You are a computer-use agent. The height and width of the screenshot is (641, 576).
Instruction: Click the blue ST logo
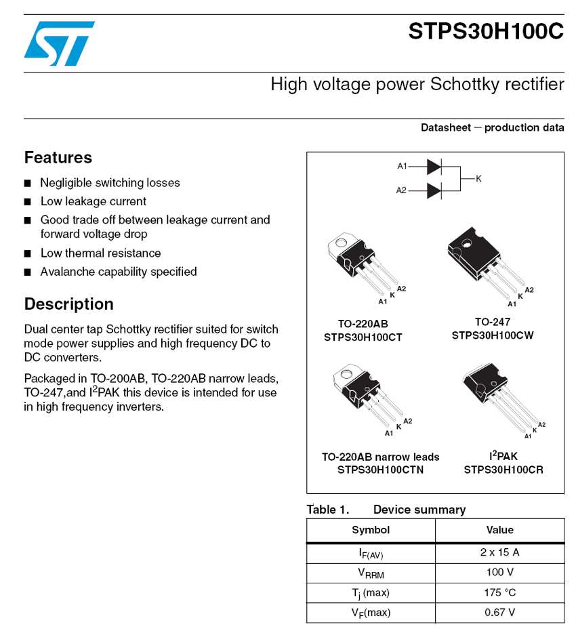(59, 43)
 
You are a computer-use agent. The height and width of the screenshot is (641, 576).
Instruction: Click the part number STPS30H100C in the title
(486, 31)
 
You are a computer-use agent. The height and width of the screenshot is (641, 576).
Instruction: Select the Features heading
(58, 157)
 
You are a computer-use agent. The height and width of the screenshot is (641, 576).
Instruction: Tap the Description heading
(68, 304)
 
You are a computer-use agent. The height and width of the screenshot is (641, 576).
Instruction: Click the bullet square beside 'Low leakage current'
(28, 201)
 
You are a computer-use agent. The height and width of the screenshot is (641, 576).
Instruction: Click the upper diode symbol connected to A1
(434, 167)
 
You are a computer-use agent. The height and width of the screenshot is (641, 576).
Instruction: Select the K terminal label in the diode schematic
(478, 179)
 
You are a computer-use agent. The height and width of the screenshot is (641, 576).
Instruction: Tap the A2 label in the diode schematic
(401, 190)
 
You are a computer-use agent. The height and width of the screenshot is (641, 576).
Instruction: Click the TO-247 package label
(492, 322)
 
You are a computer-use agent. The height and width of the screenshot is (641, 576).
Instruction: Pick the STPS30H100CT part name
(363, 337)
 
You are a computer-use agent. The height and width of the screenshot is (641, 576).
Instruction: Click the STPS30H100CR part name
(503, 470)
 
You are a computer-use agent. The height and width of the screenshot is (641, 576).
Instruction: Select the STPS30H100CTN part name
(380, 470)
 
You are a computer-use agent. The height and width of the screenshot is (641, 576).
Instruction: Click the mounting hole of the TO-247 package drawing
(466, 244)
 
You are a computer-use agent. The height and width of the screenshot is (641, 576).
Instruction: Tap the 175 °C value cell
(499, 592)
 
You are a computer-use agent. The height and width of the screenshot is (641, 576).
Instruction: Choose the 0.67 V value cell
(499, 613)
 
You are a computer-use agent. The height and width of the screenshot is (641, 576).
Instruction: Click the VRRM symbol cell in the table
(371, 573)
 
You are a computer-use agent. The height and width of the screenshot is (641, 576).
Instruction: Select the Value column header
(499, 530)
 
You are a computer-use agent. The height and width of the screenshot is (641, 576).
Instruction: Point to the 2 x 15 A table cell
(499, 553)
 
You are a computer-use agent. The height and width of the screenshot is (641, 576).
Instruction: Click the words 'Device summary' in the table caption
(419, 510)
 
